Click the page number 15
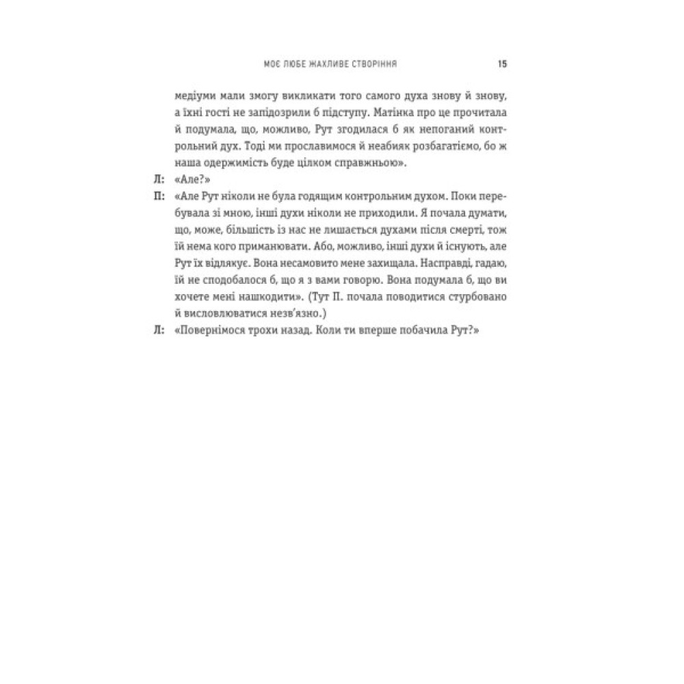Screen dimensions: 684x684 click(x=501, y=65)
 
